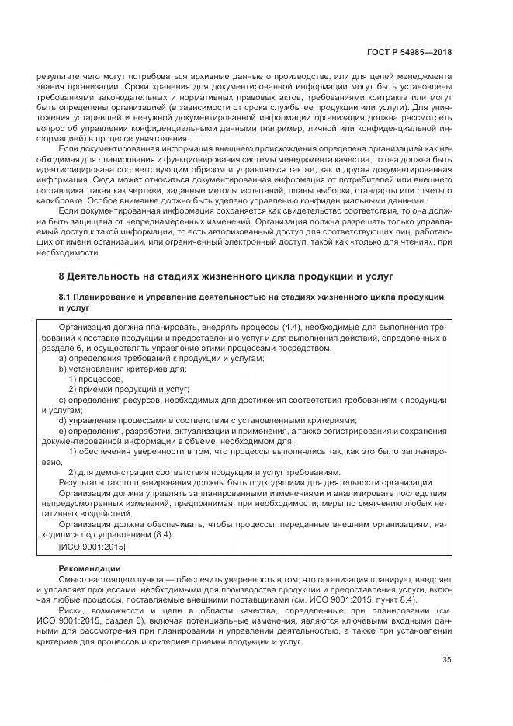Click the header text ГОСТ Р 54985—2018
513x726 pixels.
[x=411, y=53]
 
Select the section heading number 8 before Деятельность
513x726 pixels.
[x=62, y=276]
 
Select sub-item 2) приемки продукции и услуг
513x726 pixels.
[x=128, y=389]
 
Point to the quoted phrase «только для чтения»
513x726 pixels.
[x=396, y=242]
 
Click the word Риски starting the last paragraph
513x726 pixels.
[x=73, y=612]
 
